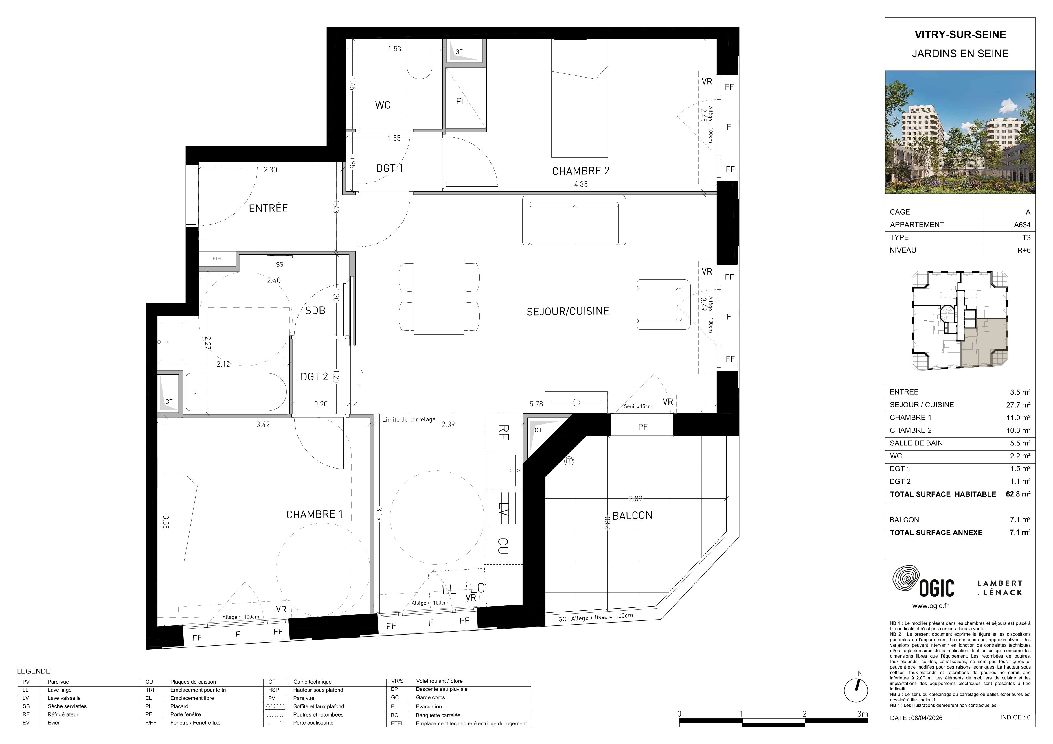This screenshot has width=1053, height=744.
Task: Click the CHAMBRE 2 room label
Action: pos(581,171)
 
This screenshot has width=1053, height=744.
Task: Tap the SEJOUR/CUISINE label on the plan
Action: pos(568,311)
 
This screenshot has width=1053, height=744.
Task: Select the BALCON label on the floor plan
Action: pos(633,515)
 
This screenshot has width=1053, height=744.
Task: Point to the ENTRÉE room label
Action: pos(268,208)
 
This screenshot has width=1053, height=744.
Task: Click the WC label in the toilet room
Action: pos(383,105)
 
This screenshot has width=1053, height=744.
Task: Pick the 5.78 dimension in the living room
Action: pos(536,404)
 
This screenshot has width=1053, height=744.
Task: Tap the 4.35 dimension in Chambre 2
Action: pos(581,184)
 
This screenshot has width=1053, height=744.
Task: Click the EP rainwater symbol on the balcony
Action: pos(569,461)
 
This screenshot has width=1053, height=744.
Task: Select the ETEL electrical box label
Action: pos(217,259)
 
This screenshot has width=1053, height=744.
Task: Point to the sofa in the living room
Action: pos(574,220)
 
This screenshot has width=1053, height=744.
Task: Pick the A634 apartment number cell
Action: pos(1022,225)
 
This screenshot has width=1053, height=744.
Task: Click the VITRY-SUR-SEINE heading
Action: pos(960,35)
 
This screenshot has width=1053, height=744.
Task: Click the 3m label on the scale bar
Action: pos(863,714)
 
